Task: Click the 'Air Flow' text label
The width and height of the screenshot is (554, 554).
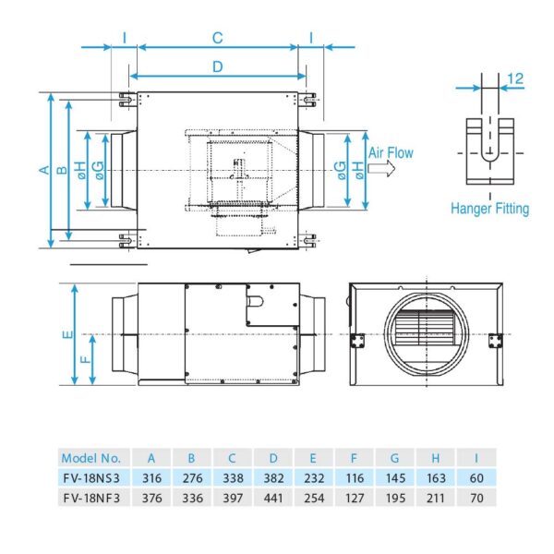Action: [391, 153]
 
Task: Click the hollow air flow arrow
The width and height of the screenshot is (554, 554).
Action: [380, 169]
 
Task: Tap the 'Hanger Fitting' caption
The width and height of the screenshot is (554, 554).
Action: [489, 209]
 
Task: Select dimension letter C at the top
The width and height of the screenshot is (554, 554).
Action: [217, 38]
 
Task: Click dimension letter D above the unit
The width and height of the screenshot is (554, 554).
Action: [217, 66]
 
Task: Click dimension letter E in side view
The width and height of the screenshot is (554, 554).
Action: [66, 336]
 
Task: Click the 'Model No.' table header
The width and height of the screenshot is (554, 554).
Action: [90, 457]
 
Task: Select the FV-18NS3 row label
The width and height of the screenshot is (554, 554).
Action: [90, 477]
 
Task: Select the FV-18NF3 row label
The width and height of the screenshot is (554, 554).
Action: [90, 498]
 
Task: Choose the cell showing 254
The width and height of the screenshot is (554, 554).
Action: [313, 498]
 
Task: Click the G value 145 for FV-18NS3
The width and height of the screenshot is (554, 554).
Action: [394, 477]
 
